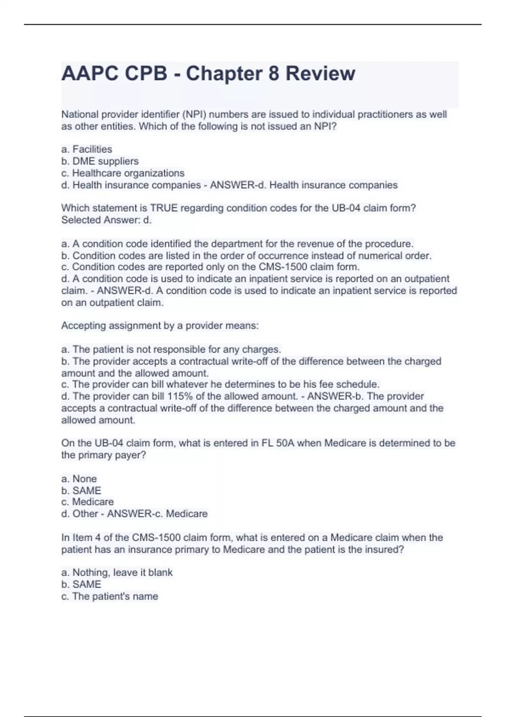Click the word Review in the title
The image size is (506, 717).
point(320,73)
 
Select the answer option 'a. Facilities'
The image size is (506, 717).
point(87,149)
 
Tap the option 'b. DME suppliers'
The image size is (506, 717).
point(100,161)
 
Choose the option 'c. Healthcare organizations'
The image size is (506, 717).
point(123,173)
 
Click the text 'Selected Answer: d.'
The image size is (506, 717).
point(106,220)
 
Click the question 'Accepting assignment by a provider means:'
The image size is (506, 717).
point(160,326)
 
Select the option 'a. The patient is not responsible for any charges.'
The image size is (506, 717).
point(171,349)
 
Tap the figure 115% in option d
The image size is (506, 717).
point(179,396)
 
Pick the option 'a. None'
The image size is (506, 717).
point(79,479)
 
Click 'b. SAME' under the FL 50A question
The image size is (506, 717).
point(81,491)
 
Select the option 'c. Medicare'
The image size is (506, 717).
point(87,502)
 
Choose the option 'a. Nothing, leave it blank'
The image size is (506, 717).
point(117,572)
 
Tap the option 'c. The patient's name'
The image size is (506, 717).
point(110,596)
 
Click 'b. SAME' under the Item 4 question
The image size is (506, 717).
point(81,584)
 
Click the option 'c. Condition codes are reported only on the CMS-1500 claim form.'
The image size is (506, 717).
point(210,267)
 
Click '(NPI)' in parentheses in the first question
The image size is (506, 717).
point(194,114)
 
